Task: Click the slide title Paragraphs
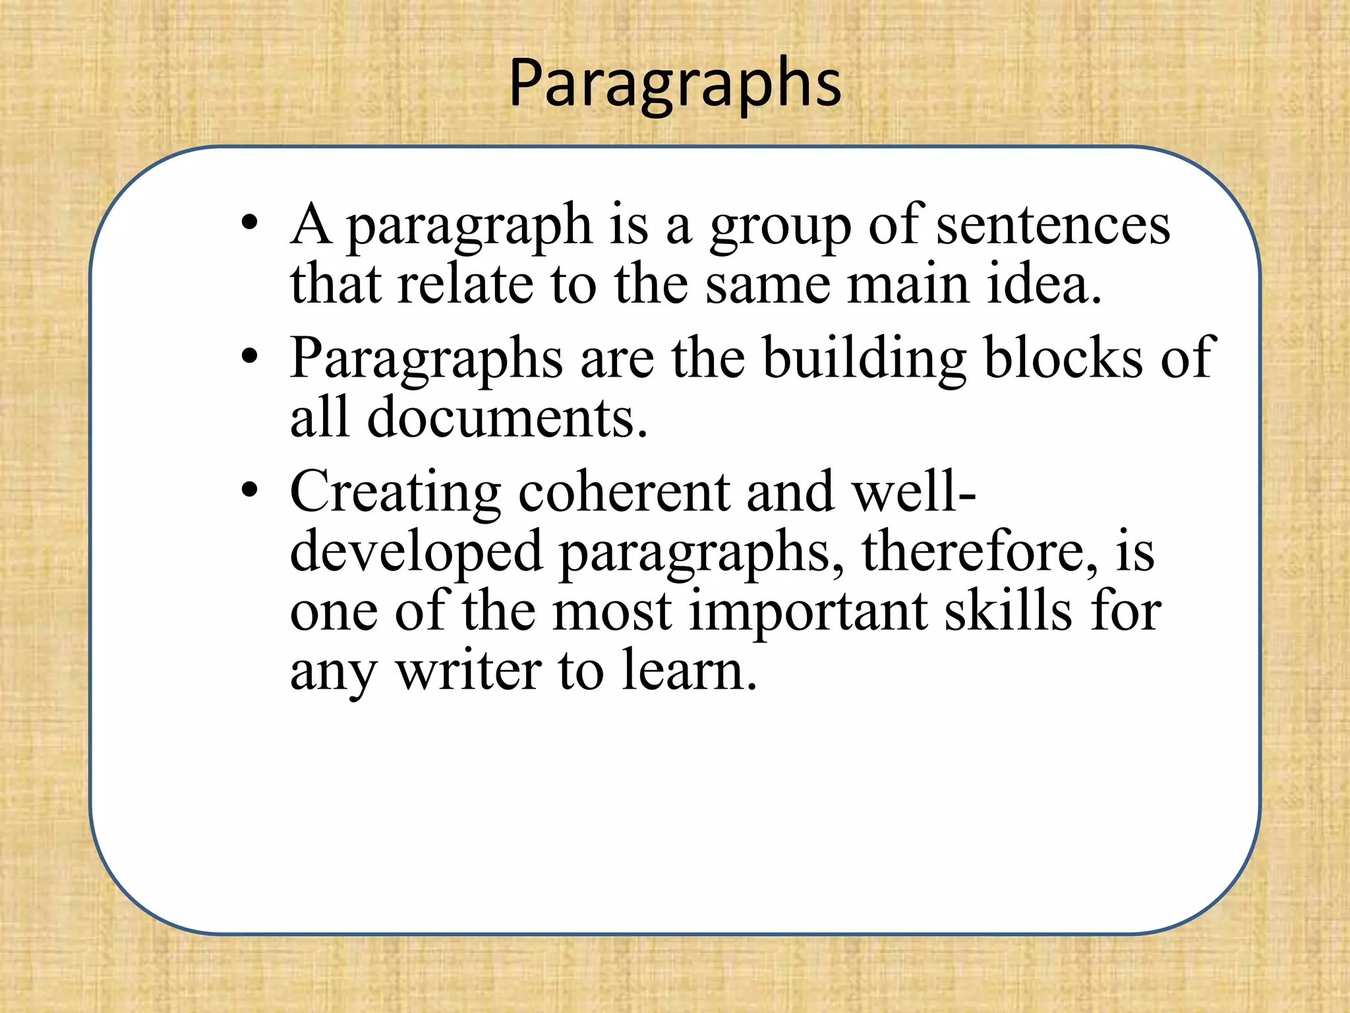675,84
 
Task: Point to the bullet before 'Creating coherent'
249,491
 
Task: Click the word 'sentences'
1053,226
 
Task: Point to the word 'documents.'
507,418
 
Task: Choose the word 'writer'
468,671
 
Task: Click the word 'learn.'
689,671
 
